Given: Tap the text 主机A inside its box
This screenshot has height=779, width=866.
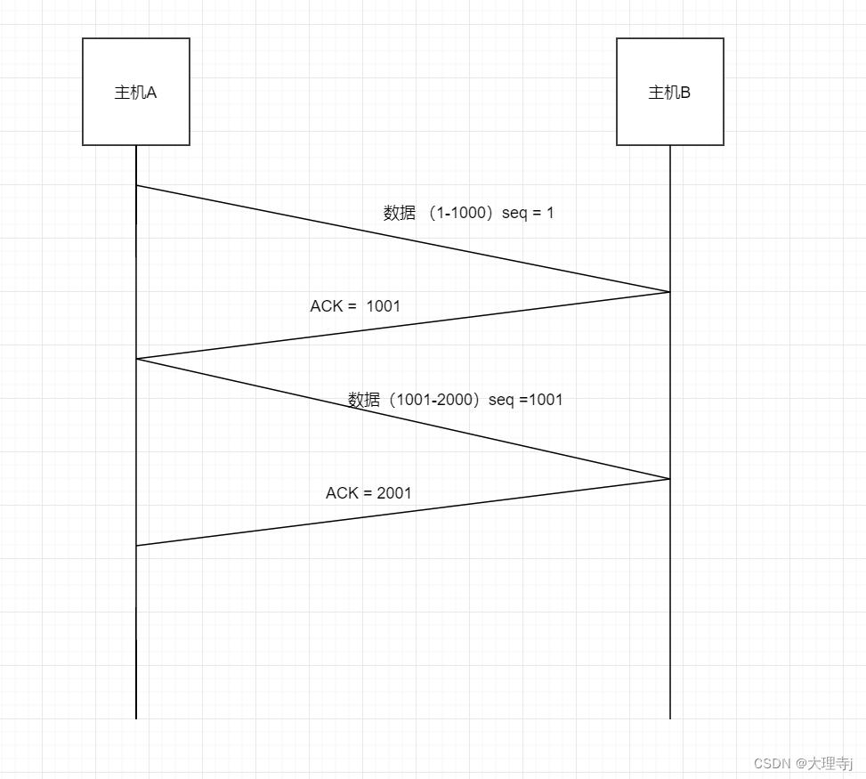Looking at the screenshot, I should (x=135, y=93).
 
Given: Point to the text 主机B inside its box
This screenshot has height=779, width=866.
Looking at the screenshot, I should (x=669, y=93).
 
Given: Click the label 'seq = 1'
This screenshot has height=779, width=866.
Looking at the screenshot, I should (x=528, y=214).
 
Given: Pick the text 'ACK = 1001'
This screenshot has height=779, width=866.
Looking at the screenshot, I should (x=355, y=306).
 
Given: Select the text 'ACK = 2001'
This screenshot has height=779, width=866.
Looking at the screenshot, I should (x=368, y=493).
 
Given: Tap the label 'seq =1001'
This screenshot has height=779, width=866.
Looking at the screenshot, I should (x=526, y=400).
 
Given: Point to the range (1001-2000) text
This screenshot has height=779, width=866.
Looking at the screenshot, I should (x=431, y=400).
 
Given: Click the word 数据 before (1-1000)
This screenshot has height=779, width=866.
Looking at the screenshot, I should (x=400, y=214).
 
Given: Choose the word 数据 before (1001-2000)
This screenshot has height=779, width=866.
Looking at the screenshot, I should (x=364, y=400).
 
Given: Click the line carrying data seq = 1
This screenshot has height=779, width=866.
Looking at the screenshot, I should (x=403, y=239).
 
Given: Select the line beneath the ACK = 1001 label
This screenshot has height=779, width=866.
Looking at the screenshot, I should (x=403, y=326).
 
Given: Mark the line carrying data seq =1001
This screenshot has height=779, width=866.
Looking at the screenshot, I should (x=403, y=419).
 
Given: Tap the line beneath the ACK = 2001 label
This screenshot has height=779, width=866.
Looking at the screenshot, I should (x=403, y=513).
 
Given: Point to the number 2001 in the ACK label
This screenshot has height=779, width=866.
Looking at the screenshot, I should (x=394, y=493).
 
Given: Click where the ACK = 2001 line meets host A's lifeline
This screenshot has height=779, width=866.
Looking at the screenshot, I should (x=136, y=546).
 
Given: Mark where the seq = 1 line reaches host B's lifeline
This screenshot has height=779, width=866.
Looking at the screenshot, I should (x=670, y=291).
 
